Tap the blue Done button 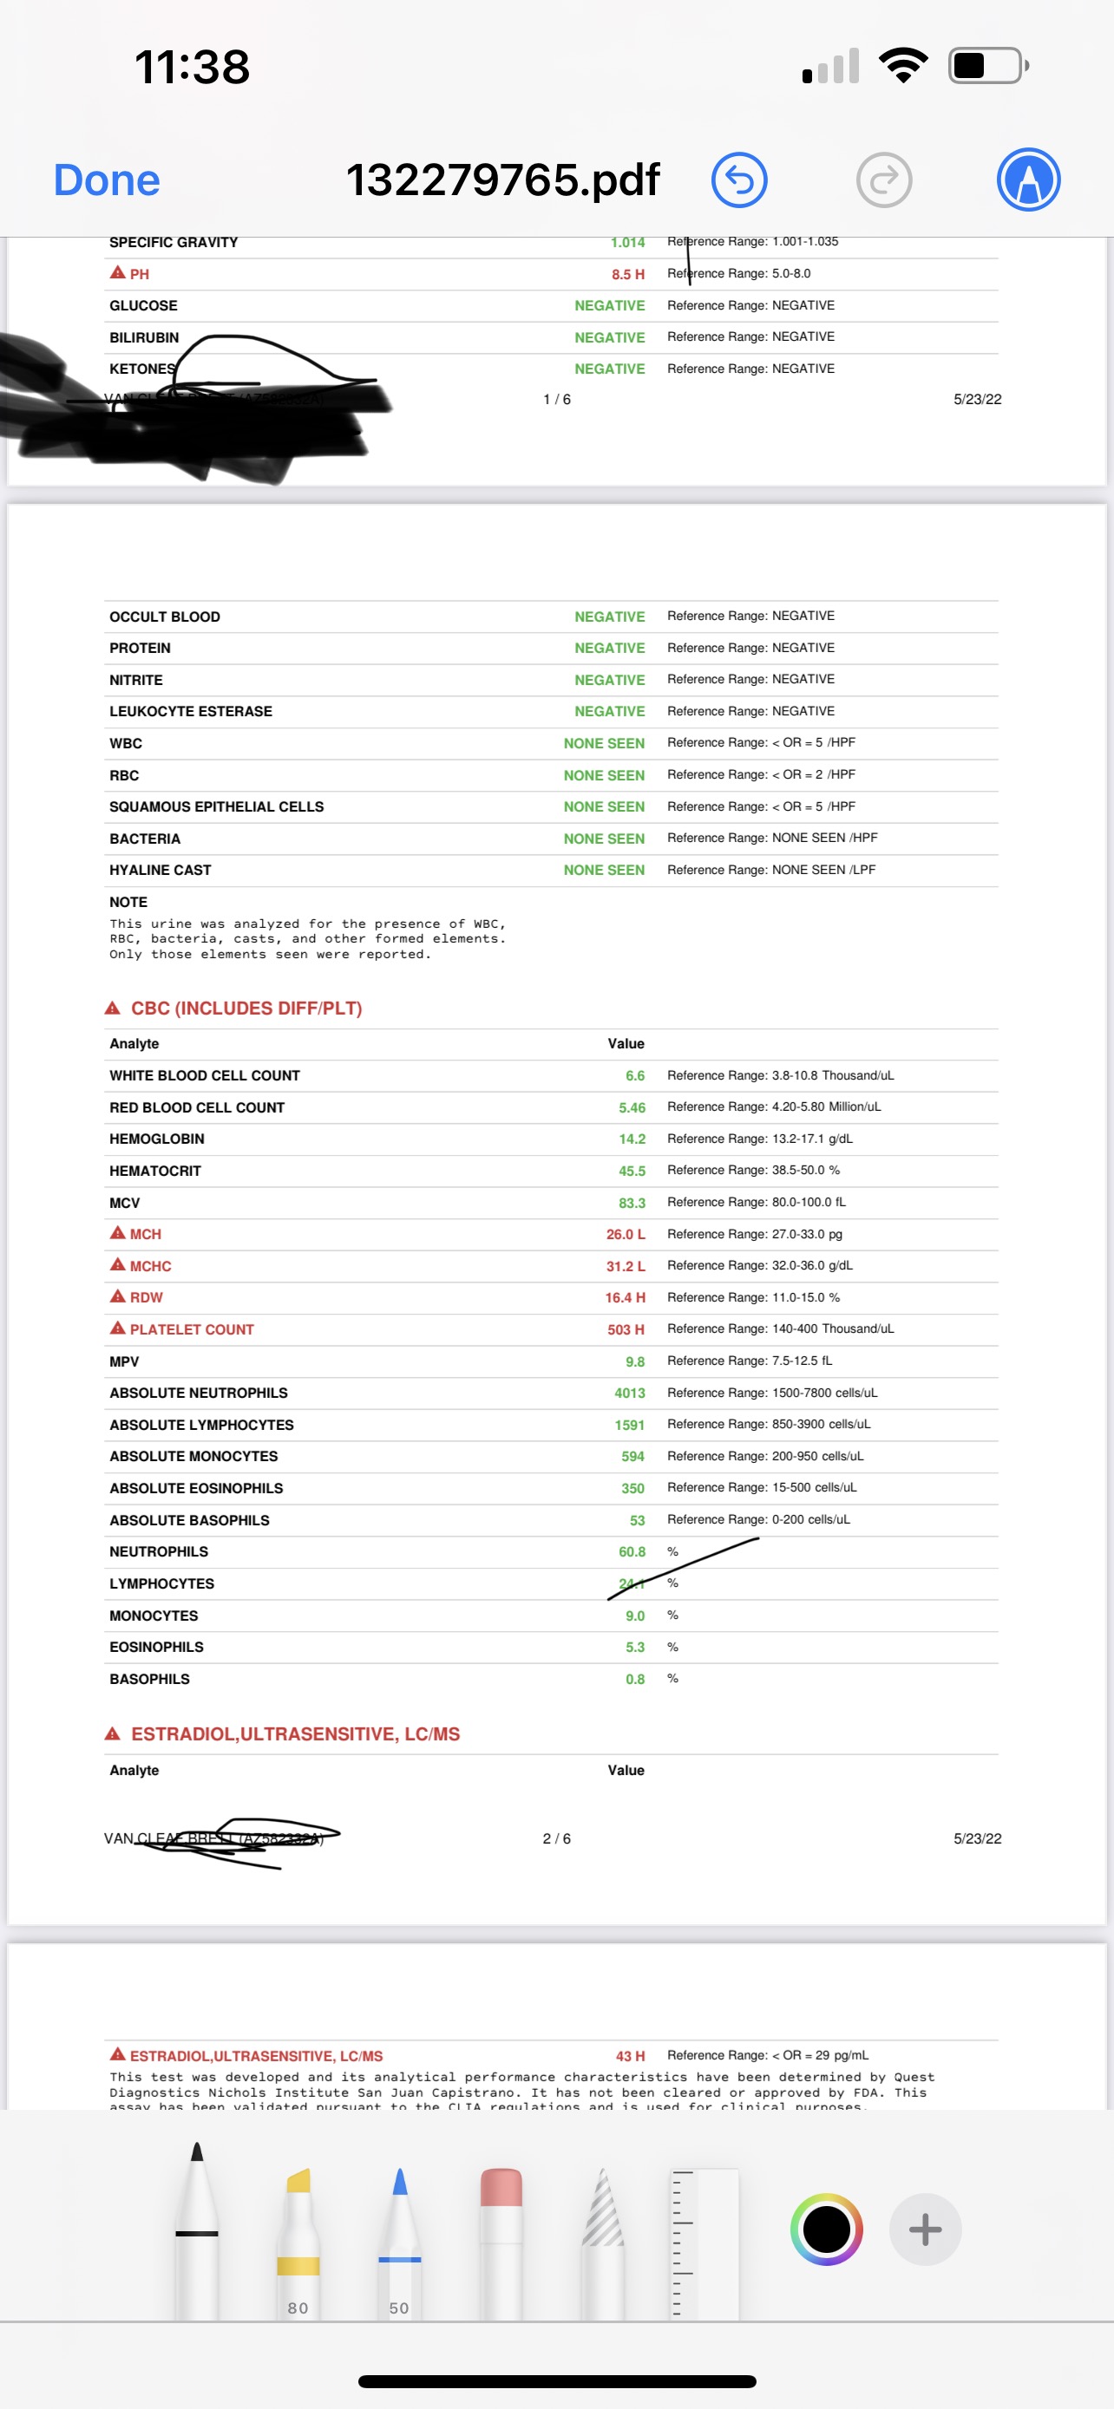click(x=107, y=180)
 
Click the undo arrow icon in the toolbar click(x=739, y=180)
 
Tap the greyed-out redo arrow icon click(x=884, y=180)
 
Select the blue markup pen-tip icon click(x=1028, y=180)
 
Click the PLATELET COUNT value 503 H click(x=625, y=1329)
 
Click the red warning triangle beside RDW click(x=118, y=1296)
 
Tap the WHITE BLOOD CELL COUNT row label click(x=205, y=1075)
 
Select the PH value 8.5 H click(x=627, y=274)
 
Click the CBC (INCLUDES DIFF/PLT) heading click(x=246, y=1009)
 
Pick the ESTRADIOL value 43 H click(x=630, y=2055)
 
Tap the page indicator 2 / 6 click(x=556, y=1838)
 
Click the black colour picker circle click(x=826, y=2229)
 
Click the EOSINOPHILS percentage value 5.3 click(x=634, y=1647)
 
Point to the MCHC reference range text click(x=759, y=1265)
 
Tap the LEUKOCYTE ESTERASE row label click(x=191, y=712)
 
